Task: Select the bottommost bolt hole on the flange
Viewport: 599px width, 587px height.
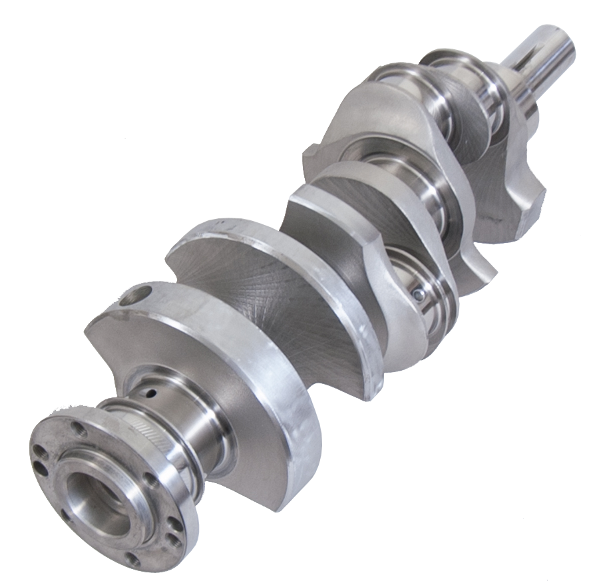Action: (x=134, y=560)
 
